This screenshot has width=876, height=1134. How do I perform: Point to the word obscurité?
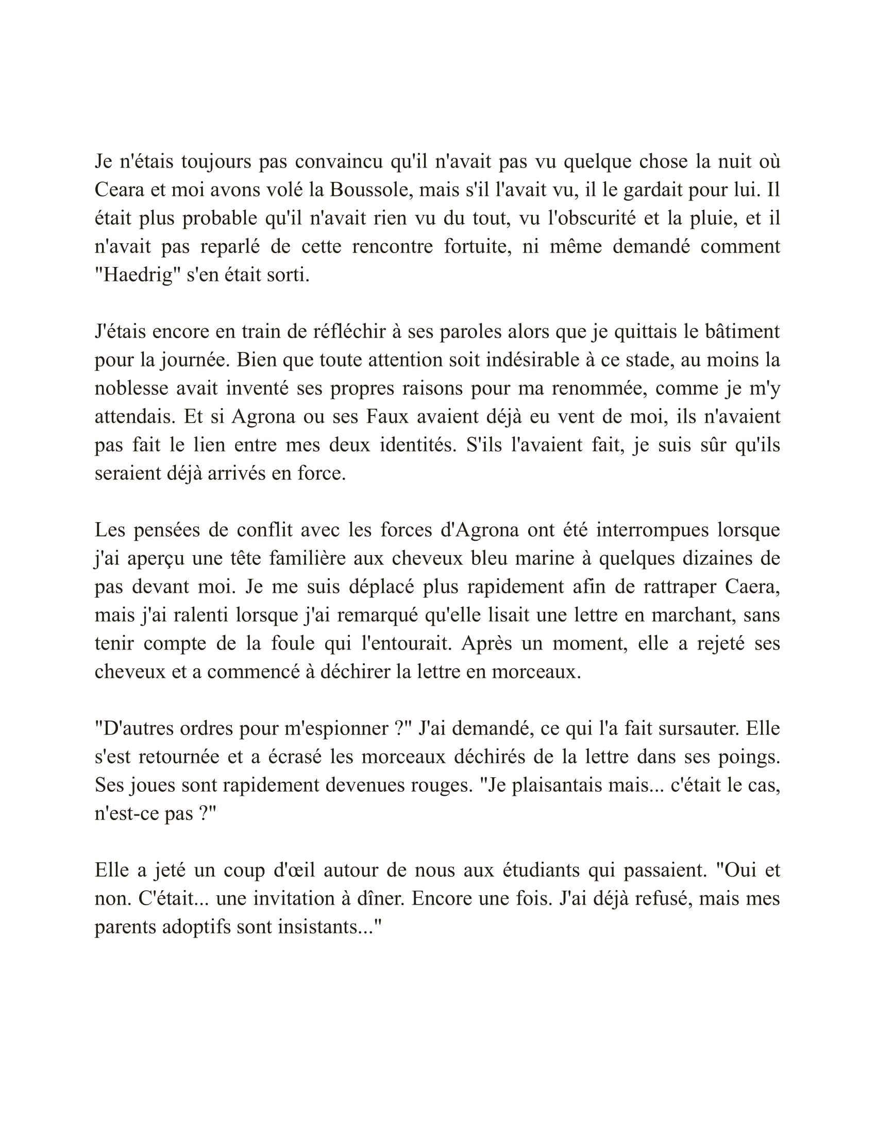[592, 218]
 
